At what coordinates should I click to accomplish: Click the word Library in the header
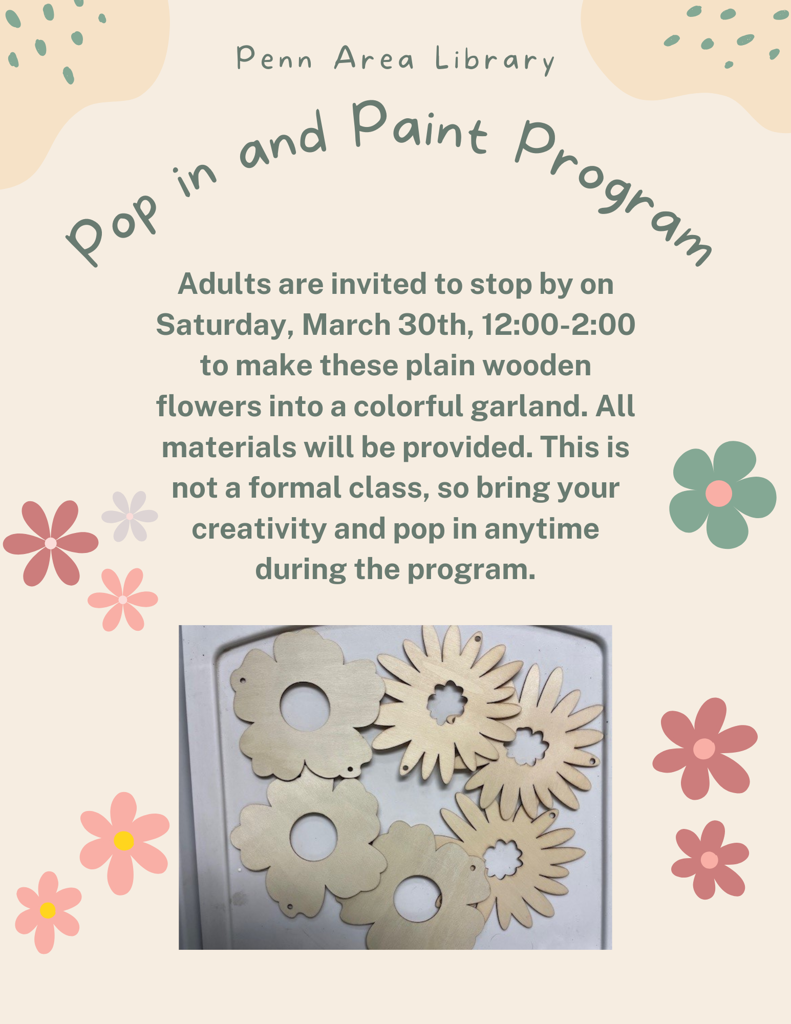pyautogui.click(x=495, y=60)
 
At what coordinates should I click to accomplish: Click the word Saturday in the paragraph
pyautogui.click(x=223, y=325)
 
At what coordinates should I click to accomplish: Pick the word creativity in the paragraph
pyautogui.click(x=259, y=529)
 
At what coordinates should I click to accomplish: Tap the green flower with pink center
pyautogui.click(x=721, y=495)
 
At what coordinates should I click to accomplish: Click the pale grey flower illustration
pyautogui.click(x=130, y=516)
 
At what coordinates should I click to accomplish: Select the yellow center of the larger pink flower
pyautogui.click(x=123, y=841)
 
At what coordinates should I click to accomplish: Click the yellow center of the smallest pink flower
pyautogui.click(x=48, y=910)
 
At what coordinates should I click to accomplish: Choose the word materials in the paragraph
pyautogui.click(x=229, y=447)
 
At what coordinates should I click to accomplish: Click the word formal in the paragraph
pyautogui.click(x=294, y=488)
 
